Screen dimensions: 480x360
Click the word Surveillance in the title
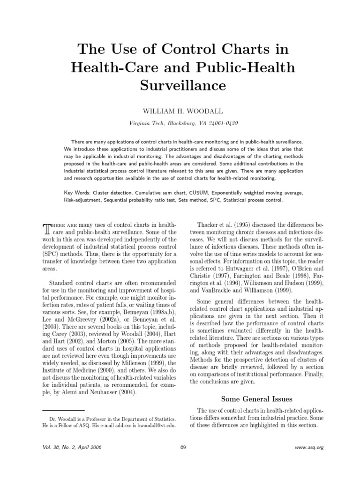(x=180, y=86)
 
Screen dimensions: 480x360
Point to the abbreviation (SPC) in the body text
(x=52, y=254)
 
